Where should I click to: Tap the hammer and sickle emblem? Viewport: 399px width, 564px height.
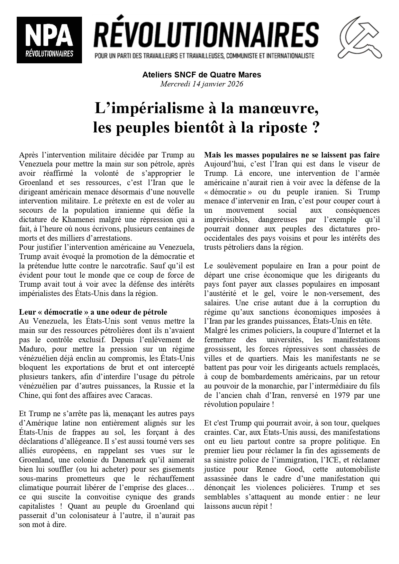pos(361,38)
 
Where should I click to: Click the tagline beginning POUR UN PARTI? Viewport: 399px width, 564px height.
pos(204,56)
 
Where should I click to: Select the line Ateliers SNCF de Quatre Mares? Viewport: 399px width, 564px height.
pos(202,75)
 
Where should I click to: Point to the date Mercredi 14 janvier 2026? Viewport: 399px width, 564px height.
pos(202,84)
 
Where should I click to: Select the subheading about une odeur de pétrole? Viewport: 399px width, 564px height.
pos(93,312)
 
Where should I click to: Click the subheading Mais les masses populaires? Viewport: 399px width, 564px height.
pos(292,155)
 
